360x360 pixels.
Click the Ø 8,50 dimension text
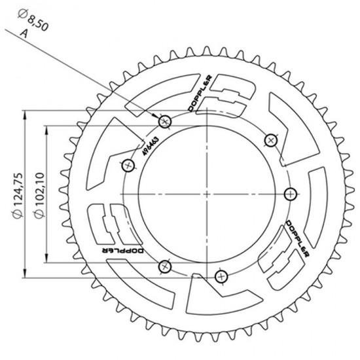point(33,20)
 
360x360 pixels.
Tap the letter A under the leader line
point(24,33)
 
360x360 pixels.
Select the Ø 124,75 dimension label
point(18,196)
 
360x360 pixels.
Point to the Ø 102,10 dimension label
point(39,195)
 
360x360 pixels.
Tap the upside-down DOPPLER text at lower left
point(123,251)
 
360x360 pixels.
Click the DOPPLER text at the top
point(200,94)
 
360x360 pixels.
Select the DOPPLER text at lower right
point(297,239)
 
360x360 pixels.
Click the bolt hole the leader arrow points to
point(165,122)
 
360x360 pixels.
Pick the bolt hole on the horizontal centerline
point(291,194)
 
